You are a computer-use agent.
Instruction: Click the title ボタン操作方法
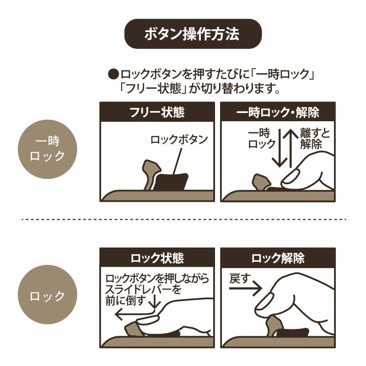pyautogui.click(x=193, y=34)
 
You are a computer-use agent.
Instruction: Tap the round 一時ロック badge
pyautogui.click(x=48, y=150)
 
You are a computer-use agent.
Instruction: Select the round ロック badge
pyautogui.click(x=48, y=295)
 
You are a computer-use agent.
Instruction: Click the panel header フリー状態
pyautogui.click(x=157, y=112)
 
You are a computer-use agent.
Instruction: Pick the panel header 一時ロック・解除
pyautogui.click(x=278, y=112)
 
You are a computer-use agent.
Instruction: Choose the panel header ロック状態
pyautogui.click(x=157, y=258)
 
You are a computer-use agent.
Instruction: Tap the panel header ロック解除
pyautogui.click(x=278, y=258)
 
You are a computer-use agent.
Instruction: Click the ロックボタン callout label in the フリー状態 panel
pyautogui.click(x=179, y=140)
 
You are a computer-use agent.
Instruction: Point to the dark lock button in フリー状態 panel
pyautogui.click(x=171, y=182)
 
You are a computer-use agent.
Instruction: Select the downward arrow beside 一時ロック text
pyautogui.click(x=280, y=148)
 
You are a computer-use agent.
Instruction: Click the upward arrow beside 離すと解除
pyautogui.click(x=291, y=148)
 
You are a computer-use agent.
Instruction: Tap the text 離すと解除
pyautogui.click(x=315, y=139)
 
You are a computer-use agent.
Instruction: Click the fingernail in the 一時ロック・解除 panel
pyautogui.click(x=291, y=177)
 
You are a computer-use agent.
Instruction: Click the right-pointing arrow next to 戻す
pyautogui.click(x=245, y=289)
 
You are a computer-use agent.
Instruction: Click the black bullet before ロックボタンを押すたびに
pyautogui.click(x=113, y=75)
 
